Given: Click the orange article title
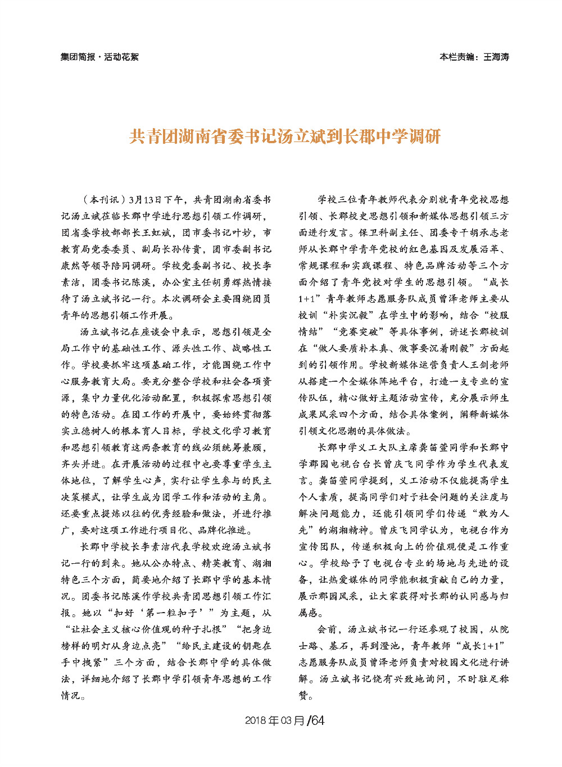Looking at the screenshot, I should pyautogui.click(x=285, y=136).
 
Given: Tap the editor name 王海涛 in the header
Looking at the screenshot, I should pyautogui.click(x=496, y=57).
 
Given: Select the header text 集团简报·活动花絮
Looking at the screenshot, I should pyautogui.click(x=99, y=57).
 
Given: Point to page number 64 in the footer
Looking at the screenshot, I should pyautogui.click(x=318, y=720).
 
